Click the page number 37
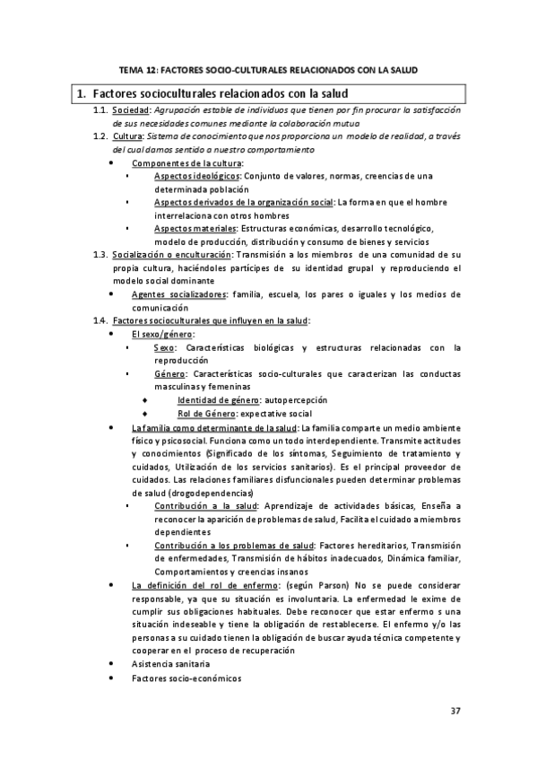(455, 711)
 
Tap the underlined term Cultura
(129, 136)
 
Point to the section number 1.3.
(100, 255)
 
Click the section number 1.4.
(100, 320)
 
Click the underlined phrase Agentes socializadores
(178, 294)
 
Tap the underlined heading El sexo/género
(156, 334)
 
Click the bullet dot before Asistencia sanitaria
(110, 664)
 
